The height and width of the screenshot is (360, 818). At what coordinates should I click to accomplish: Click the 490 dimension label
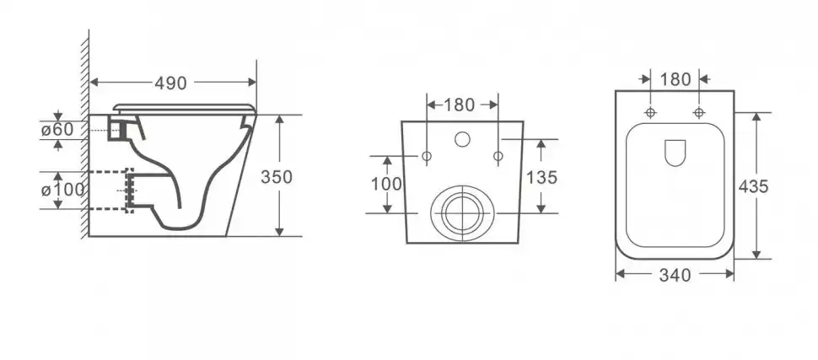170,83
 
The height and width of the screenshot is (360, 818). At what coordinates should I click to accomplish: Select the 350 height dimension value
277,177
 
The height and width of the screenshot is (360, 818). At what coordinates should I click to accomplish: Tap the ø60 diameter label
58,129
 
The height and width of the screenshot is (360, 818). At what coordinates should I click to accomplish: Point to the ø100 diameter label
62,190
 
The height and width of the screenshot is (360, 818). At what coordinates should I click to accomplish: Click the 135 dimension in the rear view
541,178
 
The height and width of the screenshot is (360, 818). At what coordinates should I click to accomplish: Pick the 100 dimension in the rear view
386,184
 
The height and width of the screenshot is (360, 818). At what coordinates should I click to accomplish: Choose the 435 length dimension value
753,186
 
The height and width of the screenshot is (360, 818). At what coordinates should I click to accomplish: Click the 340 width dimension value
675,275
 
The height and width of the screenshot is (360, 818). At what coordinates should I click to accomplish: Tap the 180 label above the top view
675,80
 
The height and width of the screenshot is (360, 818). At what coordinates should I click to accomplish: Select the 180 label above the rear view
460,105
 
